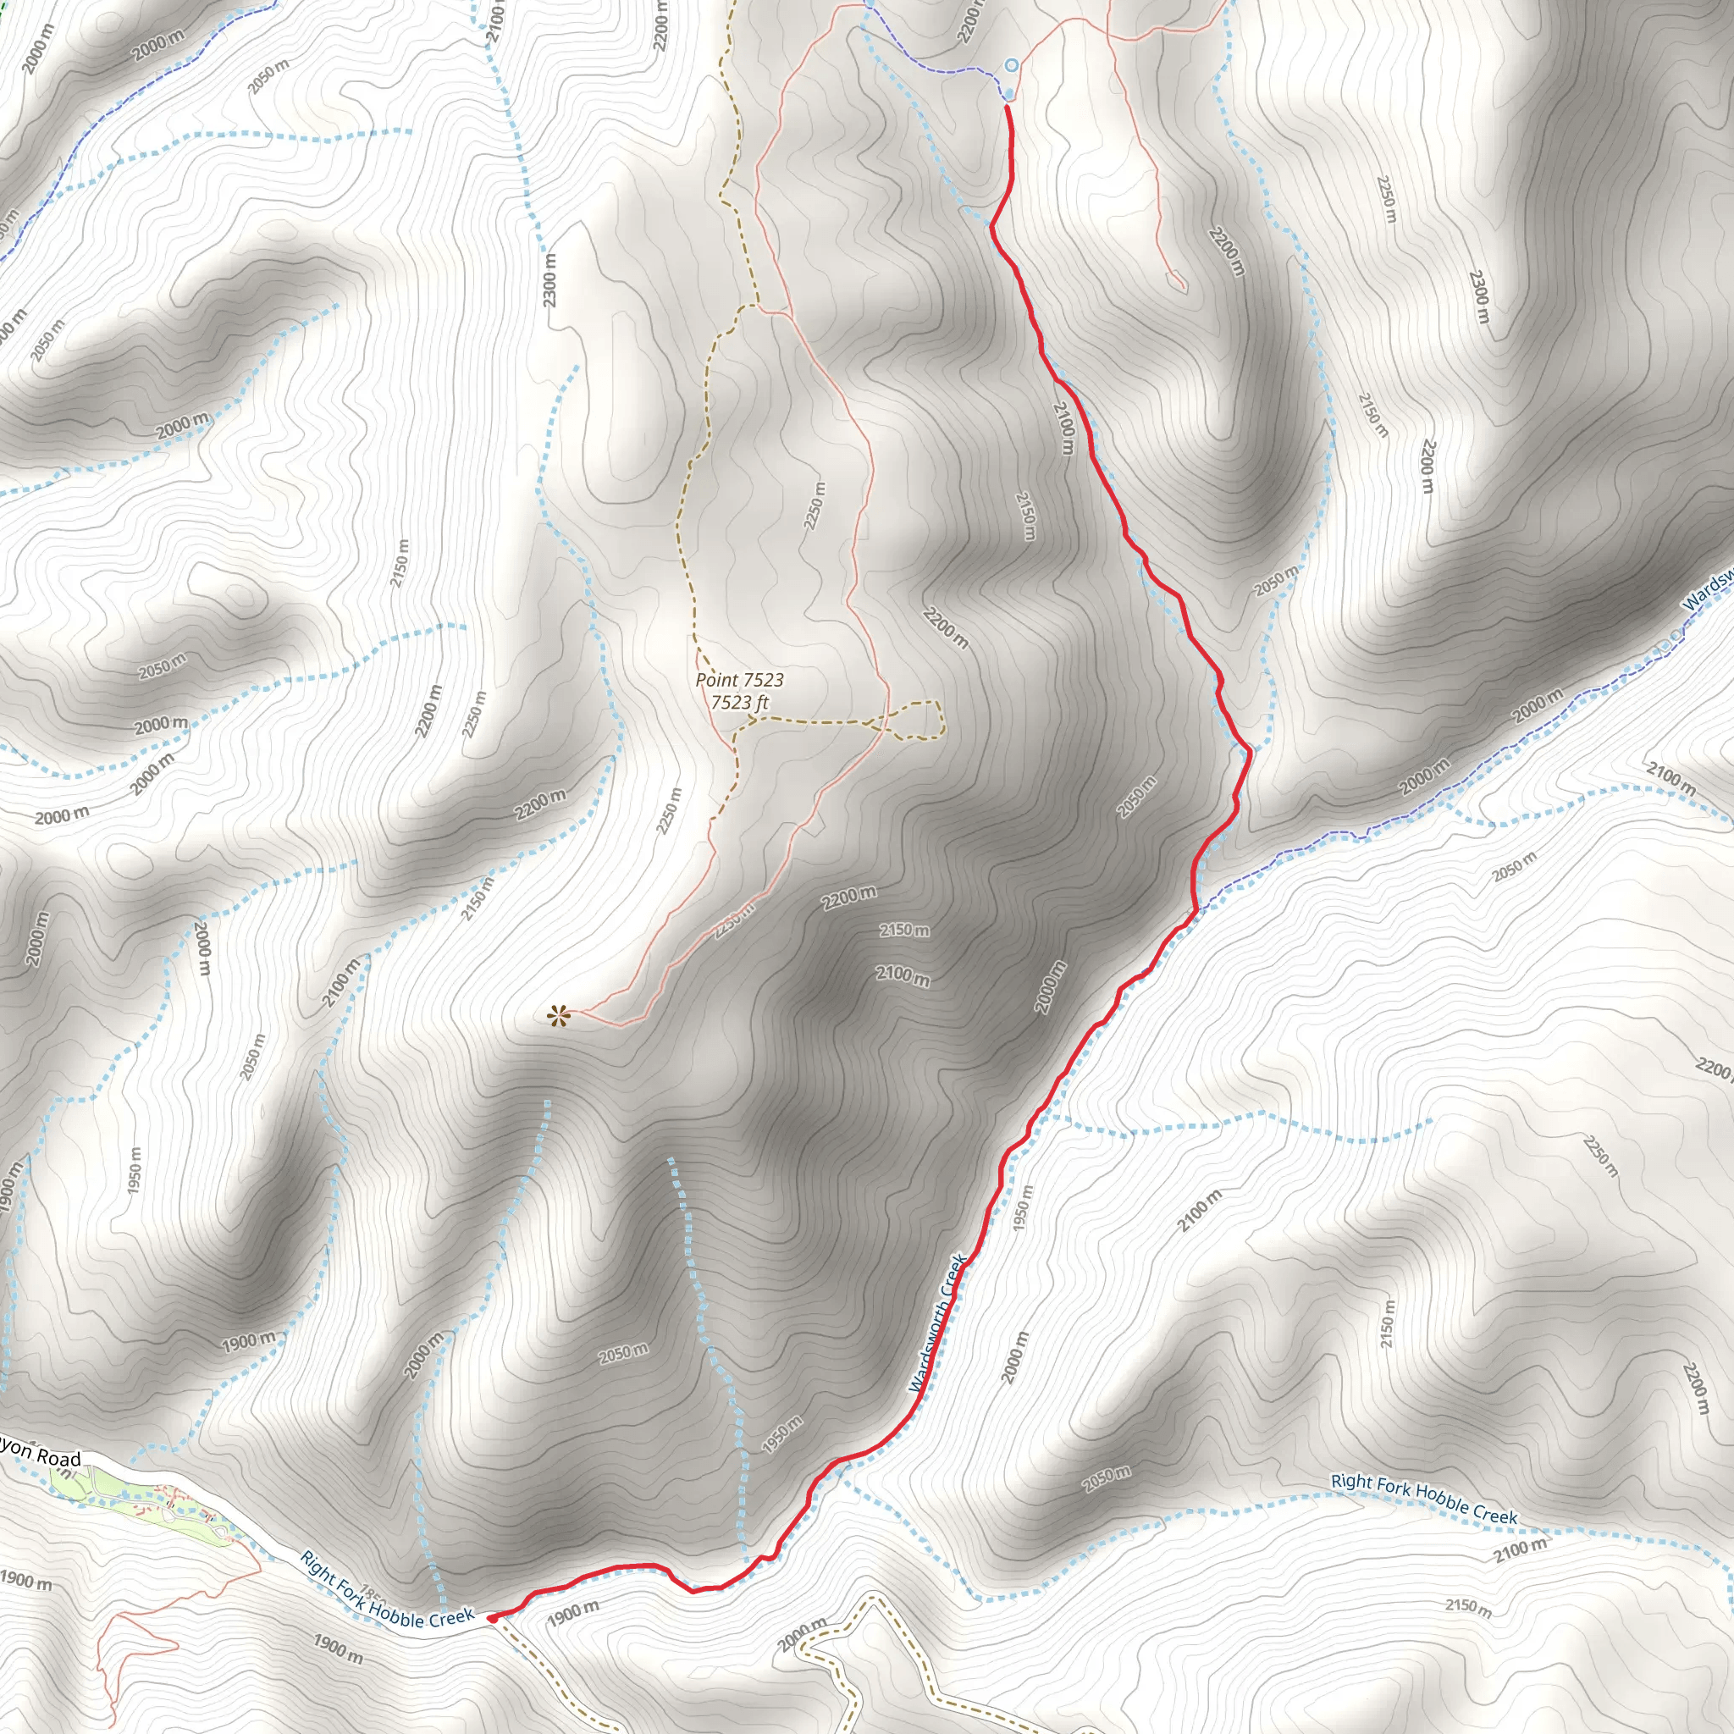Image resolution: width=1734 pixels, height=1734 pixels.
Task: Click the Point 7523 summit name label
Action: click(739, 681)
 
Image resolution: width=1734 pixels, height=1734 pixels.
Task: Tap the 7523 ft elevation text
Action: click(739, 702)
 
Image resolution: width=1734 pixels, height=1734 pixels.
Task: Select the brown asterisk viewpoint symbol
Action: click(558, 1016)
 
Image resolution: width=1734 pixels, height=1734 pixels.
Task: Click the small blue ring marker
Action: click(1012, 64)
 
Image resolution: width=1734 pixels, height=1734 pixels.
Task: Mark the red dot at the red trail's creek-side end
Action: click(492, 1618)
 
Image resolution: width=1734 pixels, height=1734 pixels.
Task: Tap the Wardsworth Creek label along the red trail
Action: click(938, 1324)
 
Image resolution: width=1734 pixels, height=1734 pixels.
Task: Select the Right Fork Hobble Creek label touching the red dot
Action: click(386, 1588)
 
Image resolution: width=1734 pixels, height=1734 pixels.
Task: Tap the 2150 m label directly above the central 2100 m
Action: click(903, 930)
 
